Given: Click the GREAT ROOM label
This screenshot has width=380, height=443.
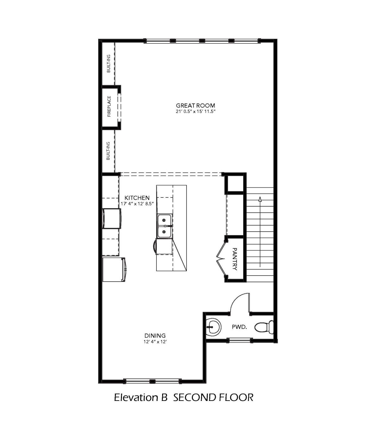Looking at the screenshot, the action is click(x=195, y=105).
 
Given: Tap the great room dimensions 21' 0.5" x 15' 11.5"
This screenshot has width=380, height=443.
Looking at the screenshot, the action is click(x=195, y=112).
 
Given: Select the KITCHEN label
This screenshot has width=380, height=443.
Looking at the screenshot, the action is click(x=137, y=197).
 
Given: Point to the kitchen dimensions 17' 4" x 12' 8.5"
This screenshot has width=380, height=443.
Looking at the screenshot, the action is click(x=137, y=203).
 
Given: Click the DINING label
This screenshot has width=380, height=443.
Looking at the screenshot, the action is click(x=155, y=335).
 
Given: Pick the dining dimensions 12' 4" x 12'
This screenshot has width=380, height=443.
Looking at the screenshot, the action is click(x=155, y=342).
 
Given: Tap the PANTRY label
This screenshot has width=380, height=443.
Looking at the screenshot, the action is click(x=235, y=259).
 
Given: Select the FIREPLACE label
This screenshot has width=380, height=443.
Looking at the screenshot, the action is click(x=109, y=106).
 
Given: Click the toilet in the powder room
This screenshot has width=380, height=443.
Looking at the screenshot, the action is click(x=264, y=327).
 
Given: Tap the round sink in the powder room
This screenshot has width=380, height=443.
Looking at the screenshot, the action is click(x=213, y=327).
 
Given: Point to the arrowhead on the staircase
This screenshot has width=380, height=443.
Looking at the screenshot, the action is click(x=260, y=199).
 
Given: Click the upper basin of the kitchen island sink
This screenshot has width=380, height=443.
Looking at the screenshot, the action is click(x=164, y=220).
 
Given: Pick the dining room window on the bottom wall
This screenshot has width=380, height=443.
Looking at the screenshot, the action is click(x=152, y=381).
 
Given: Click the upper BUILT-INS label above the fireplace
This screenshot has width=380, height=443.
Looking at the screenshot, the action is click(x=109, y=63).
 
